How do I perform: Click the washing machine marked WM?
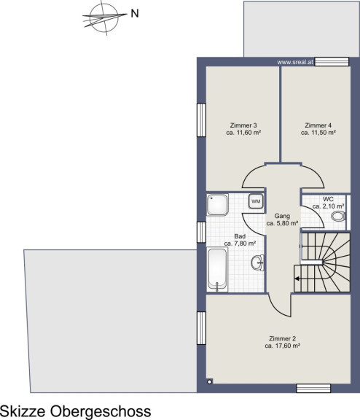(x=256, y=201)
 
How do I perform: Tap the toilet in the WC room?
(x=339, y=216)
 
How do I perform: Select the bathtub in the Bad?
(x=217, y=270)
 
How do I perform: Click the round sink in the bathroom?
(x=257, y=262)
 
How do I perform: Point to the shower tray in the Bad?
(x=217, y=205)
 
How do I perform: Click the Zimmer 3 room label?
(x=243, y=125)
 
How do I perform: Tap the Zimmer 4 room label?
(x=318, y=125)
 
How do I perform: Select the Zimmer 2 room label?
(x=282, y=338)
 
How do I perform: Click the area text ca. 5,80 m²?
(x=282, y=223)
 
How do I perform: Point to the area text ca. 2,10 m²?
(x=329, y=206)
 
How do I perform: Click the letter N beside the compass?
(x=135, y=13)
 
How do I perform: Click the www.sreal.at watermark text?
(x=295, y=62)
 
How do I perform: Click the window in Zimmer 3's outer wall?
(x=201, y=120)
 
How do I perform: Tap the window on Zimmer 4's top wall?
(x=332, y=61)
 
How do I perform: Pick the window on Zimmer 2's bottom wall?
(x=313, y=389)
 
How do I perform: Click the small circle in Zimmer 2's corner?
(x=210, y=382)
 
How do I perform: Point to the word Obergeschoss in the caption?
(x=101, y=411)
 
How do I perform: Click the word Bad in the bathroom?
(x=240, y=236)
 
